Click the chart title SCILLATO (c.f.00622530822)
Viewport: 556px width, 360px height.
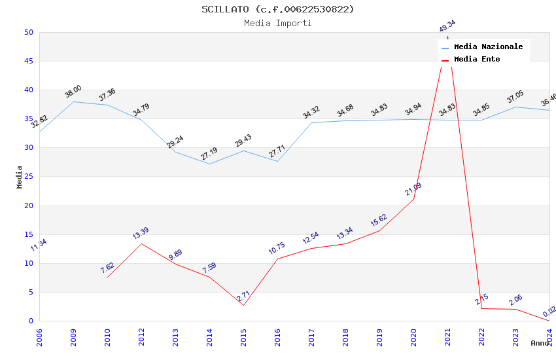pyautogui.click(x=278, y=9)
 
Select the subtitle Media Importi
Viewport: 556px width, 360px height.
pyautogui.click(x=278, y=24)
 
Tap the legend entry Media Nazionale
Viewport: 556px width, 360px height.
pyautogui.click(x=488, y=47)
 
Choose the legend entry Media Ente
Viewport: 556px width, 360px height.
pyautogui.click(x=476, y=60)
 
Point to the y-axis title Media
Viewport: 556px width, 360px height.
pyautogui.click(x=20, y=177)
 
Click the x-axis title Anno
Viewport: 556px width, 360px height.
pyautogui.click(x=540, y=343)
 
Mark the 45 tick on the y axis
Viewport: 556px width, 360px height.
pyautogui.click(x=28, y=62)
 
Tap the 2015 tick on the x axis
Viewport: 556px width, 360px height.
pyautogui.click(x=243, y=338)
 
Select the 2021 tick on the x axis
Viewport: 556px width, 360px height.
pyautogui.click(x=447, y=338)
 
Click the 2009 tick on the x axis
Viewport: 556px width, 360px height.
pyautogui.click(x=73, y=338)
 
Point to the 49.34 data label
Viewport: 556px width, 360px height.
pyautogui.click(x=447, y=26)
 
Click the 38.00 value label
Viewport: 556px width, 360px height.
pyautogui.click(x=73, y=92)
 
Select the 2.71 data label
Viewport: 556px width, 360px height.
pyautogui.click(x=243, y=295)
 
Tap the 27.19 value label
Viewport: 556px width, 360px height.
pyautogui.click(x=209, y=154)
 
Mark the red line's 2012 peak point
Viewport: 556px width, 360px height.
pyautogui.click(x=141, y=243)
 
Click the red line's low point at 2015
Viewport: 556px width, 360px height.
pyautogui.click(x=243, y=305)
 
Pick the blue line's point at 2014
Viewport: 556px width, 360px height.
pyautogui.click(x=209, y=164)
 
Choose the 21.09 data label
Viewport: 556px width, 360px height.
pyautogui.click(x=413, y=189)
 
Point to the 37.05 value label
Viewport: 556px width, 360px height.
pyautogui.click(x=515, y=97)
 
